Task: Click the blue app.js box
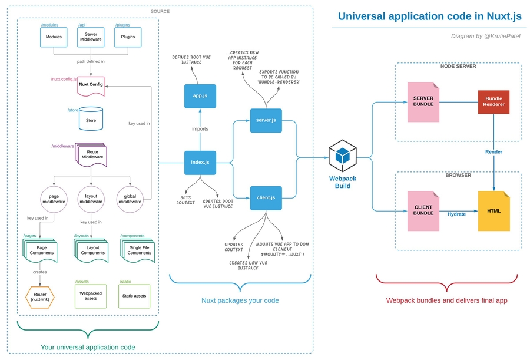(200, 96)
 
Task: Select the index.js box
(200, 163)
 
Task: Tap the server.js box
(266, 120)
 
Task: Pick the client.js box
(266, 197)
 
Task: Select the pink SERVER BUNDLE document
(423, 101)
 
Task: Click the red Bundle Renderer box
(493, 102)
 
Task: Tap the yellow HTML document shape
(493, 210)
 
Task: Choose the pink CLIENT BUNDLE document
(423, 210)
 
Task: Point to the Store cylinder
(91, 119)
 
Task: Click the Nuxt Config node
(91, 85)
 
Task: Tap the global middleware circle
(130, 199)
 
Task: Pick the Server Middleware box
(91, 37)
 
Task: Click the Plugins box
(128, 37)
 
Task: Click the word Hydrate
(456, 214)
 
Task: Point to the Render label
(493, 151)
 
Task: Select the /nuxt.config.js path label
(64, 78)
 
